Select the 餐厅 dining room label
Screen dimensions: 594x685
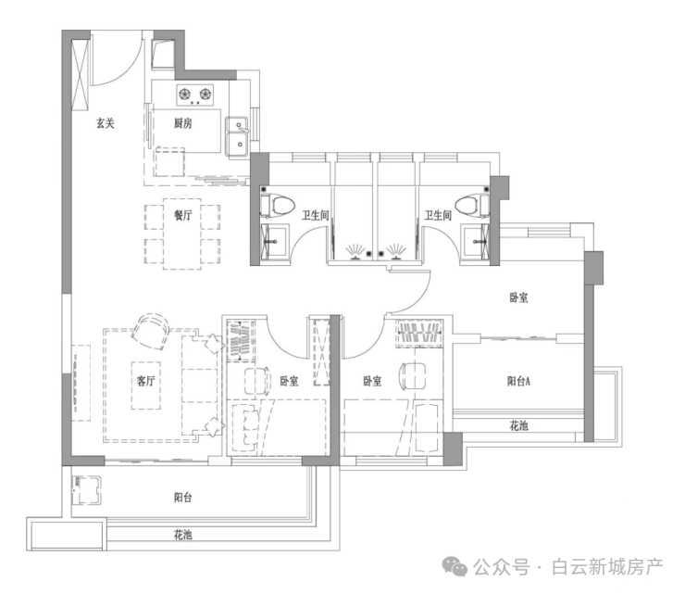(182, 215)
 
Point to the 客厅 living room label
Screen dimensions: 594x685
(145, 380)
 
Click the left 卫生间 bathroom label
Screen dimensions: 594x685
(316, 215)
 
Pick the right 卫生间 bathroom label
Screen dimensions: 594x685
(438, 215)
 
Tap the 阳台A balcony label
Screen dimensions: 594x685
(518, 380)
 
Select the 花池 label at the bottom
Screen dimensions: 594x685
(182, 535)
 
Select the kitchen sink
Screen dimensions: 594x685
(238, 133)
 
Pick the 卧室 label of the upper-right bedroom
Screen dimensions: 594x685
(518, 297)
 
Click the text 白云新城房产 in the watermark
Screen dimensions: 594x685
(607, 565)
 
